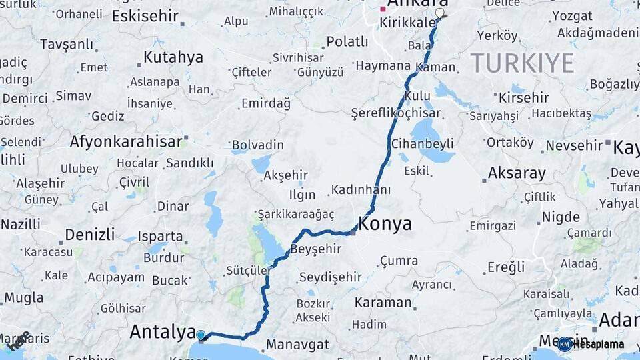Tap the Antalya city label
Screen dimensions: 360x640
click(x=162, y=331)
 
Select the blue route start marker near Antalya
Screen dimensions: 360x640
click(x=201, y=335)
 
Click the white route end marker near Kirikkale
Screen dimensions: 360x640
click(x=439, y=13)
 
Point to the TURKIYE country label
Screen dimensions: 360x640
click(x=522, y=63)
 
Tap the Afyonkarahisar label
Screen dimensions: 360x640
click(x=126, y=141)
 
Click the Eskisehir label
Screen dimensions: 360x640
click(x=145, y=15)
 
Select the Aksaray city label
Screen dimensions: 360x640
click(x=517, y=173)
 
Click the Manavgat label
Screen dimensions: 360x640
click(x=297, y=345)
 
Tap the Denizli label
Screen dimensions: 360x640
click(x=90, y=234)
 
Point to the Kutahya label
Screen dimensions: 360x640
click(x=173, y=57)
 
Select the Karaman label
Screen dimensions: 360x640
click(x=383, y=302)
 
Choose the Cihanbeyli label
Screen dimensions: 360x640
click(x=431, y=143)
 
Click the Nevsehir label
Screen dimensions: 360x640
click(x=574, y=145)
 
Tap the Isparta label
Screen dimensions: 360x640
click(x=161, y=236)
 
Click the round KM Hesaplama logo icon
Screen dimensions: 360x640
click(x=565, y=344)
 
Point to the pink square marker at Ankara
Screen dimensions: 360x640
click(x=382, y=9)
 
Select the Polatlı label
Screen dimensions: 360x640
click(x=347, y=42)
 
